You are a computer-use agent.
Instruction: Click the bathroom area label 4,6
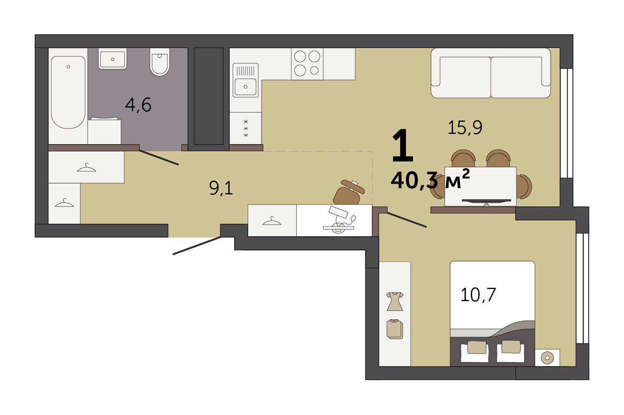tap(138, 105)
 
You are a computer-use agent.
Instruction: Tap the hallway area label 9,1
tap(221, 188)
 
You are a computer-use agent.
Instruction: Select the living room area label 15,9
tap(465, 128)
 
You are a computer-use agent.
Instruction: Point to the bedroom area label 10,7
tap(478, 295)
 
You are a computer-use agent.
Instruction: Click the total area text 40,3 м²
tap(430, 179)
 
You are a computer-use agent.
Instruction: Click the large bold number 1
tap(402, 145)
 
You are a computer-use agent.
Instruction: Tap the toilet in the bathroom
tap(159, 62)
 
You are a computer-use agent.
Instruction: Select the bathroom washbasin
tap(112, 59)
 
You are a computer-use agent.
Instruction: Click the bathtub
tap(68, 93)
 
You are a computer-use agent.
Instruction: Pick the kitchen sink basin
tap(246, 87)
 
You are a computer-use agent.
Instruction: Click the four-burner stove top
tap(307, 64)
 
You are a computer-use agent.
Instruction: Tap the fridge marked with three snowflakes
tap(246, 129)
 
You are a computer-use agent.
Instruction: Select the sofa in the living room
tap(491, 73)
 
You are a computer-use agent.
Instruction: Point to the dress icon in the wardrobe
tap(395, 302)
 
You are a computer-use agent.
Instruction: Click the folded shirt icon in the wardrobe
tap(395, 329)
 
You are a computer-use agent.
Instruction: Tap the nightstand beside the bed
tap(548, 358)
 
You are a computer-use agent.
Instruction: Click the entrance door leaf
tap(197, 246)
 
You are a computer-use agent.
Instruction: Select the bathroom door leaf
tap(159, 158)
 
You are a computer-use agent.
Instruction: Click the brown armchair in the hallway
tap(349, 192)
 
